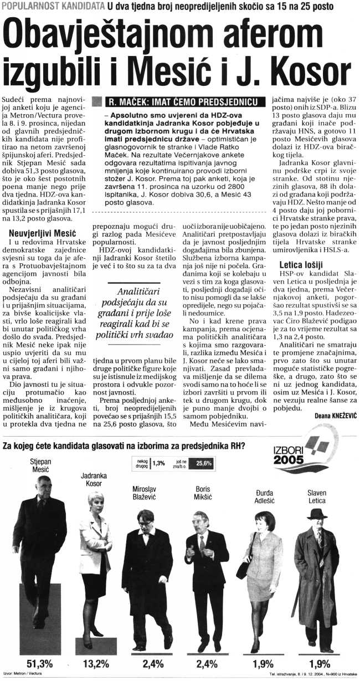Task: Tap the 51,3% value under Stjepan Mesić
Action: [x=40, y=663]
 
